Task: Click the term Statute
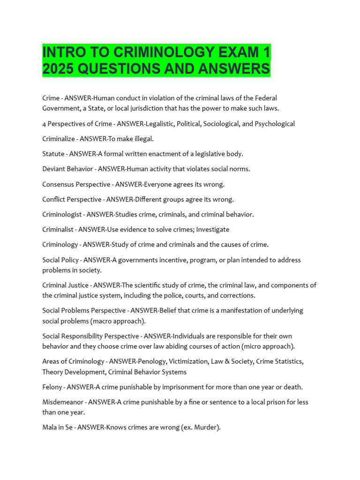(x=53, y=154)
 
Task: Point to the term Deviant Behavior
(x=67, y=169)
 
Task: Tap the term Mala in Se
(x=57, y=427)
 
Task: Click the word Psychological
(x=272, y=124)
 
